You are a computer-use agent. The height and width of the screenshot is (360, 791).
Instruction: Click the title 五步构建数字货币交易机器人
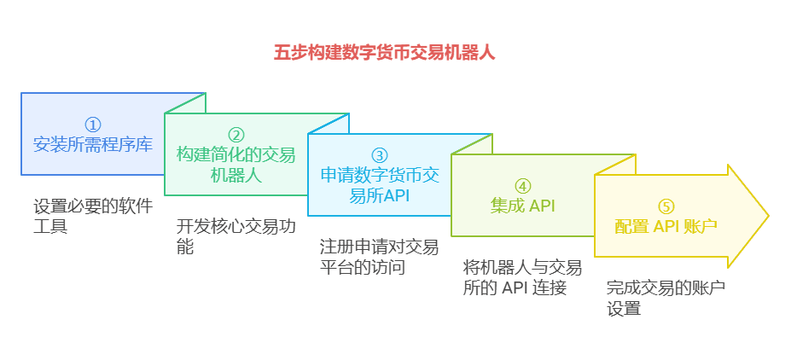(x=384, y=53)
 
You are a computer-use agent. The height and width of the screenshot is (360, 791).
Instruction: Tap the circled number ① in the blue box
(x=93, y=125)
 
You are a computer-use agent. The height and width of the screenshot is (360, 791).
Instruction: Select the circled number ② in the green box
(x=236, y=135)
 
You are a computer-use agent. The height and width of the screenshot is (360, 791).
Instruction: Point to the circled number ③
(x=380, y=155)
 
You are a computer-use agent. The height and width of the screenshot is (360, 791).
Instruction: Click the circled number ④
(x=522, y=186)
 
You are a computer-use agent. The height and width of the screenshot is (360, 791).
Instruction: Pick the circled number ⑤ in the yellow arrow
(x=666, y=206)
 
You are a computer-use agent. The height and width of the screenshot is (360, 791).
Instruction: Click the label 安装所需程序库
(x=93, y=145)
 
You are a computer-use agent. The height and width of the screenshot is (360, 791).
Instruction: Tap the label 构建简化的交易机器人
(x=236, y=165)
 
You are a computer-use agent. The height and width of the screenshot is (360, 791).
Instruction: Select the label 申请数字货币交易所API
(x=380, y=186)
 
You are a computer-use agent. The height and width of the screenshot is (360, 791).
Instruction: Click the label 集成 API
(x=522, y=206)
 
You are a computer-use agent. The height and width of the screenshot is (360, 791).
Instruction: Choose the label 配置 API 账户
(x=666, y=227)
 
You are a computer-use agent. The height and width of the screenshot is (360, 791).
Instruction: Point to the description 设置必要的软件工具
(x=93, y=217)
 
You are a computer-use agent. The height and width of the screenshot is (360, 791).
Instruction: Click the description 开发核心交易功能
(x=236, y=236)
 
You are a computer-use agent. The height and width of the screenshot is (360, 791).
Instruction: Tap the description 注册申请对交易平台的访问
(x=380, y=257)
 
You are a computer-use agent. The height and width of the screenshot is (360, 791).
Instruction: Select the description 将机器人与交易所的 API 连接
(x=522, y=278)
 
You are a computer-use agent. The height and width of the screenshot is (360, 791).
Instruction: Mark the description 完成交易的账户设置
(x=666, y=298)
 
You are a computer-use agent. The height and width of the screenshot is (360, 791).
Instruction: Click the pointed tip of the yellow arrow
(x=768, y=216)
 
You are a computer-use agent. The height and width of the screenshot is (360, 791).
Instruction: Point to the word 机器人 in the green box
(x=236, y=175)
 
